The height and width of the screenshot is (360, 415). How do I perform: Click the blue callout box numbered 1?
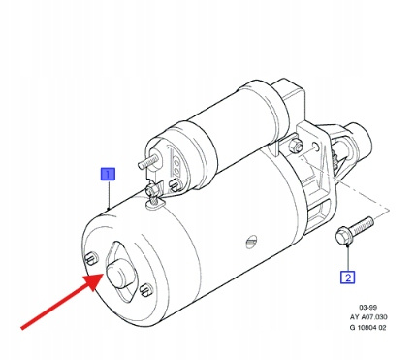point(108,174)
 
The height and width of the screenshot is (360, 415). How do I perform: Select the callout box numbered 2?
point(348,278)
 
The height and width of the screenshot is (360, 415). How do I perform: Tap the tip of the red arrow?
point(103,274)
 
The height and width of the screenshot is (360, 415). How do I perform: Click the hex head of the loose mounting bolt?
point(343,236)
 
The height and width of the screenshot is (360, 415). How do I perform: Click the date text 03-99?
point(367,307)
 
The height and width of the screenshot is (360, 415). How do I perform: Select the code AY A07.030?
point(368,317)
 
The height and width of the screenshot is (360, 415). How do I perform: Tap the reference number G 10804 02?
point(368,327)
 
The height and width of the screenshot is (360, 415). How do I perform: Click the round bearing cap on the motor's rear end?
point(120,273)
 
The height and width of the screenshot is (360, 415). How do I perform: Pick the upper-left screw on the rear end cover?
point(90,258)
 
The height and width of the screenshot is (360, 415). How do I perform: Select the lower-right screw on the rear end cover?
point(145,289)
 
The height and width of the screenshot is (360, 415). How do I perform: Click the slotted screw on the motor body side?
point(251,241)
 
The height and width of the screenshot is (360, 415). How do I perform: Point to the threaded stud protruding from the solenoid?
point(148,161)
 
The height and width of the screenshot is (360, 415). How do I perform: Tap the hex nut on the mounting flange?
point(296,146)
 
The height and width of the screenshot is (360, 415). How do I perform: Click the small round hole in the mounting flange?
point(316,147)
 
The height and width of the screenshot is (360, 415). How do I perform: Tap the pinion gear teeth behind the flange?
point(335,157)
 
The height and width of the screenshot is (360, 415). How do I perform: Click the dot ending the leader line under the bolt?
point(348,246)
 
